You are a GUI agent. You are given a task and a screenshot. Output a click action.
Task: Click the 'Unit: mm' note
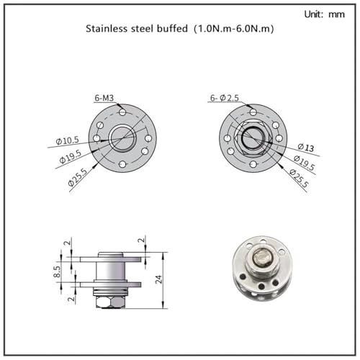[324, 14]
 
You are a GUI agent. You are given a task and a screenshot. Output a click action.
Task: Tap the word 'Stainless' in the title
[107, 29]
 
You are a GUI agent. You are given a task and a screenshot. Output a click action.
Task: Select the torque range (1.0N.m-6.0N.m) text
[233, 29]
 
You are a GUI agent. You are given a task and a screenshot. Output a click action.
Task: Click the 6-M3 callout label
[104, 98]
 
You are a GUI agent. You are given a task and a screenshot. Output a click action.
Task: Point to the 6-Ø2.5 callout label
[225, 98]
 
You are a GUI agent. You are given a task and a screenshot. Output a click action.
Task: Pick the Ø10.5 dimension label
[67, 140]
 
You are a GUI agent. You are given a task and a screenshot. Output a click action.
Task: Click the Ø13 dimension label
[306, 147]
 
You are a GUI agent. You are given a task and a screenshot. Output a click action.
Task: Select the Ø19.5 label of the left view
[71, 157]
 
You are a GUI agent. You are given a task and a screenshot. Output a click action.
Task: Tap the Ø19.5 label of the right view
[304, 163]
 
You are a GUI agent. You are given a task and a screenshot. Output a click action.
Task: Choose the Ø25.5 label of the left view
[77, 177]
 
